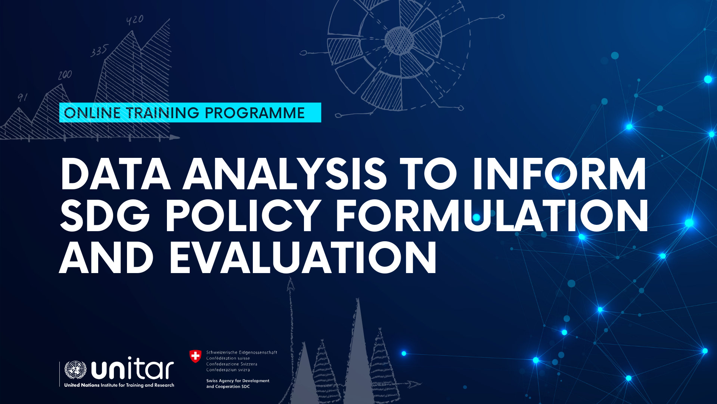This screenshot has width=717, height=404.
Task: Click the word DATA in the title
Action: (116, 174)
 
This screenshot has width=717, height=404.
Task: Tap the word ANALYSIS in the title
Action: (285, 174)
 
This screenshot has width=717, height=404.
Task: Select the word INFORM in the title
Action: (559, 174)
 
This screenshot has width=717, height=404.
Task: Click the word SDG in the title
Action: (105, 216)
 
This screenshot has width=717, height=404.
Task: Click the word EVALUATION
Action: (303, 258)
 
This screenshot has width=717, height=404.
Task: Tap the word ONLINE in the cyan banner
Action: (92, 113)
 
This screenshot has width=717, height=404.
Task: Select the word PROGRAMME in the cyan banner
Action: (255, 113)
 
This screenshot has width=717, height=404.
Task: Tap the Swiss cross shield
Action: (195, 356)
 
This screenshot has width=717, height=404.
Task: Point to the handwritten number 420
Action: (135, 19)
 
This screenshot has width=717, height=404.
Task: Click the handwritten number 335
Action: (100, 51)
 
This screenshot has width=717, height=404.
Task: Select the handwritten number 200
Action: (65, 75)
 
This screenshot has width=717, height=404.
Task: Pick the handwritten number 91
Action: (23, 97)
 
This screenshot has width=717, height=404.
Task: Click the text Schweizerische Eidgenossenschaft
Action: (242, 352)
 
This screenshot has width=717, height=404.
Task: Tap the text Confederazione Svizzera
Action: (232, 364)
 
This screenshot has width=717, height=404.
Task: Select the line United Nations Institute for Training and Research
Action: (119, 385)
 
